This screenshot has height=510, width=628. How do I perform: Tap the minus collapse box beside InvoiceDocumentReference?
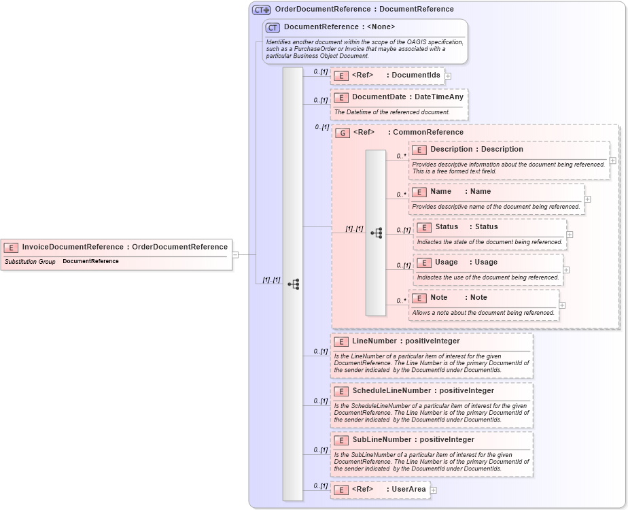pyautogui.click(x=235, y=254)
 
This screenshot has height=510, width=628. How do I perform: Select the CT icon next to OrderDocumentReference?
pyautogui.click(x=262, y=10)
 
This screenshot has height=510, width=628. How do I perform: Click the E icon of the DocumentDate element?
pyautogui.click(x=343, y=97)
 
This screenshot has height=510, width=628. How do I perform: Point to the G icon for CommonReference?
pyautogui.click(x=343, y=133)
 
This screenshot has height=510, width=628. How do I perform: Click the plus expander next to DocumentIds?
pyautogui.click(x=448, y=76)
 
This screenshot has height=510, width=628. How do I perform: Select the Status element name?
pyautogui.click(x=447, y=227)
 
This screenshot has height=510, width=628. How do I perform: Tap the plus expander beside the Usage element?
pyautogui.click(x=566, y=270)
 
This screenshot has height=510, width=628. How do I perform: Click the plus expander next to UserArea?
pyautogui.click(x=433, y=490)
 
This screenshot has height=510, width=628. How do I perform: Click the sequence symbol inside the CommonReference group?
pyautogui.click(x=376, y=233)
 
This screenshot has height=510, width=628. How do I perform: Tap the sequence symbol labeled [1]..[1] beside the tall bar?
pyautogui.click(x=294, y=284)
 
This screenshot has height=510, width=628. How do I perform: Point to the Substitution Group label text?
pyautogui.click(x=30, y=261)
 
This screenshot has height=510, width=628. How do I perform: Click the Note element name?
pyautogui.click(x=438, y=298)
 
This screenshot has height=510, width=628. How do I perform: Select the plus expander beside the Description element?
pyautogui.click(x=612, y=160)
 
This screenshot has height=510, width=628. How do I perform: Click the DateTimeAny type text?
pyautogui.click(x=439, y=97)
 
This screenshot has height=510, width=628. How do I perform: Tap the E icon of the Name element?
pyautogui.click(x=419, y=192)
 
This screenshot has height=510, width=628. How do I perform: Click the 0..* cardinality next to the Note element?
pyautogui.click(x=400, y=300)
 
